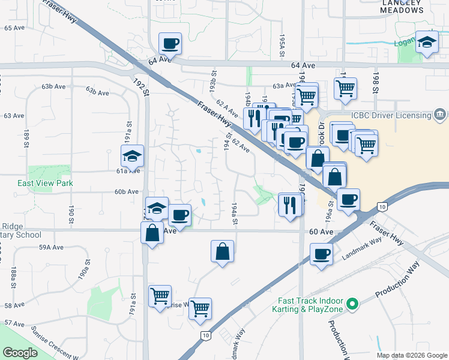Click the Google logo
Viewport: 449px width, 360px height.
(20, 353)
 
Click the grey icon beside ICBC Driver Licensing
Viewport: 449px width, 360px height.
(440, 114)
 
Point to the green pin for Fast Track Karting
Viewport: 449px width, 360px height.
(353, 305)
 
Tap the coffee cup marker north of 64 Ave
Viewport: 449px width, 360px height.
(169, 43)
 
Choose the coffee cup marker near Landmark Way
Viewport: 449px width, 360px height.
(321, 254)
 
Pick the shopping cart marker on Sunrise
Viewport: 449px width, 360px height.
(200, 308)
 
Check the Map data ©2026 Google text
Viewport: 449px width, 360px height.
(411, 355)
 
